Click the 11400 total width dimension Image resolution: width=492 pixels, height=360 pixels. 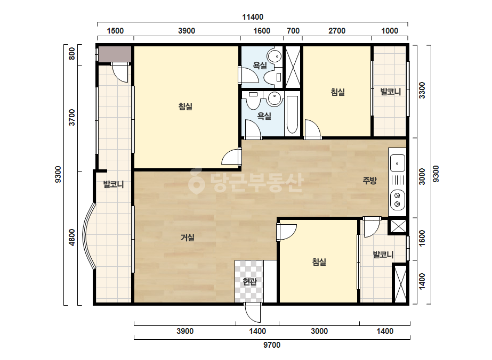tap(253, 17)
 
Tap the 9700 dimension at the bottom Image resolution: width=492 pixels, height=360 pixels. tap(272, 345)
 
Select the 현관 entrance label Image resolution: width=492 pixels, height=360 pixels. tap(250, 282)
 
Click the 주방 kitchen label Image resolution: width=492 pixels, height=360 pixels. tap(369, 181)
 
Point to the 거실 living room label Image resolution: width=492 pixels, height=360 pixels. tap(187, 238)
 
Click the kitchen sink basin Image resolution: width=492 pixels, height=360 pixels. tap(397, 163)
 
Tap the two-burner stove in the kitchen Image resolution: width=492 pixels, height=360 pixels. tap(397, 200)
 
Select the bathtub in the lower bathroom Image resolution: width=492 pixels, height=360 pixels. tap(292, 115)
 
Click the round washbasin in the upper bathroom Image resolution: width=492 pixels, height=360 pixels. tap(276, 56)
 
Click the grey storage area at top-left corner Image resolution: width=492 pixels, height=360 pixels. tap(115, 54)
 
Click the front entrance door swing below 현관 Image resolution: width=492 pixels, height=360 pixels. tap(253, 313)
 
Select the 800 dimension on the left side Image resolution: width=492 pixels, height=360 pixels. tap(72, 53)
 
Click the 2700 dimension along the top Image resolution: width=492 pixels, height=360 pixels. tap(337, 31)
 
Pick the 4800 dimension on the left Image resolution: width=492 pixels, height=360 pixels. tap(72, 238)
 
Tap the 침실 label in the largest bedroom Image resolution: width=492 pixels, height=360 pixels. tap(185, 107)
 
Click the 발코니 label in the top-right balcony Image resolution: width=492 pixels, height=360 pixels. tap(390, 92)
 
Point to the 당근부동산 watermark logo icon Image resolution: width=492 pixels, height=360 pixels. tap(196, 181)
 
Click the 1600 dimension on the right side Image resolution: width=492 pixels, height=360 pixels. tap(422, 239)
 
